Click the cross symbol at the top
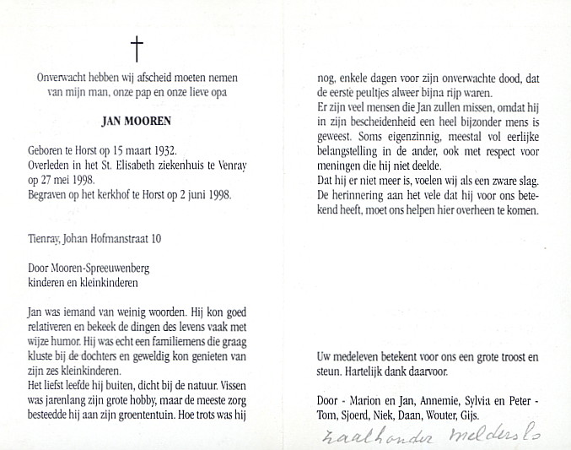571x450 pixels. (x=136, y=48)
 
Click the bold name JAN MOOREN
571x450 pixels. (x=136, y=122)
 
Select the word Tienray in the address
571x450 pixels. (x=45, y=239)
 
